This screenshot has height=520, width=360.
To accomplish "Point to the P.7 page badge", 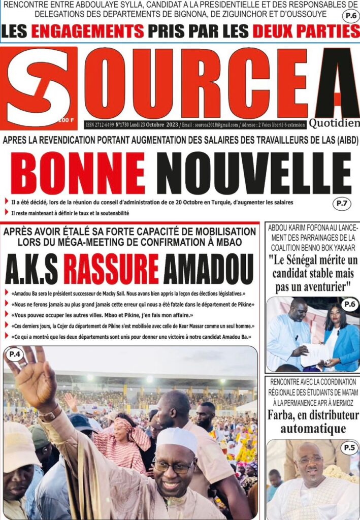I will click(341, 204).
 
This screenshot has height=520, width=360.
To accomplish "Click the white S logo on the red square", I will click(39, 86).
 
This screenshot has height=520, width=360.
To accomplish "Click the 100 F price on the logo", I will click(65, 120).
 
